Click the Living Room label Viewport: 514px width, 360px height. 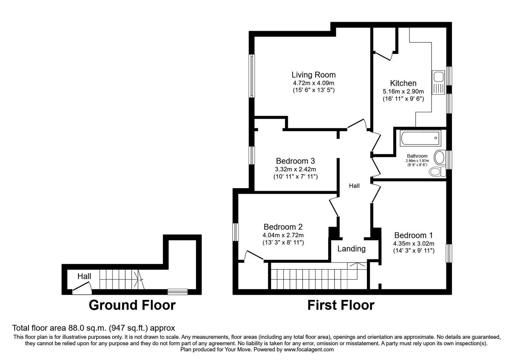(314, 75)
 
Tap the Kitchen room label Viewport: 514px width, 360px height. (403, 83)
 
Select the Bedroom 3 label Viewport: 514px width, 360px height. (295, 161)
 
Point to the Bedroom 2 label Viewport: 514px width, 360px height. (283, 227)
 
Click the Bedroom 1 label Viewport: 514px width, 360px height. (413, 235)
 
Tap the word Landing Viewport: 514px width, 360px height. (351, 249)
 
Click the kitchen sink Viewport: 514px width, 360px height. (438, 82)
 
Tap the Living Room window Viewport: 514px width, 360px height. (252, 76)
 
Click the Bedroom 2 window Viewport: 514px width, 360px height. (236, 232)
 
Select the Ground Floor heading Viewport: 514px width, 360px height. (132, 305)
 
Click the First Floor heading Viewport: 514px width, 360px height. (341, 305)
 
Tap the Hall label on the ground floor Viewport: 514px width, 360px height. (84, 276)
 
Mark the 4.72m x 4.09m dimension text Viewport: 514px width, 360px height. (314, 83)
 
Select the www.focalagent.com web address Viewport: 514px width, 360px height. (309, 350)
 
